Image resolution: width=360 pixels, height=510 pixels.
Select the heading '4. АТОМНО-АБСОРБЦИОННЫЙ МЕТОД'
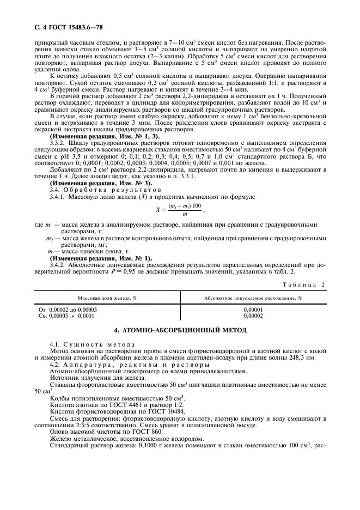tap(180, 330)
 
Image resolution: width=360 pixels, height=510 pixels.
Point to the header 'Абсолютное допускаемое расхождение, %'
tap(253, 299)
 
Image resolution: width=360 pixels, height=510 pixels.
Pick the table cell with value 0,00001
tap(253, 309)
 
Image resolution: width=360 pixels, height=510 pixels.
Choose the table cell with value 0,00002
tap(253, 315)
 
